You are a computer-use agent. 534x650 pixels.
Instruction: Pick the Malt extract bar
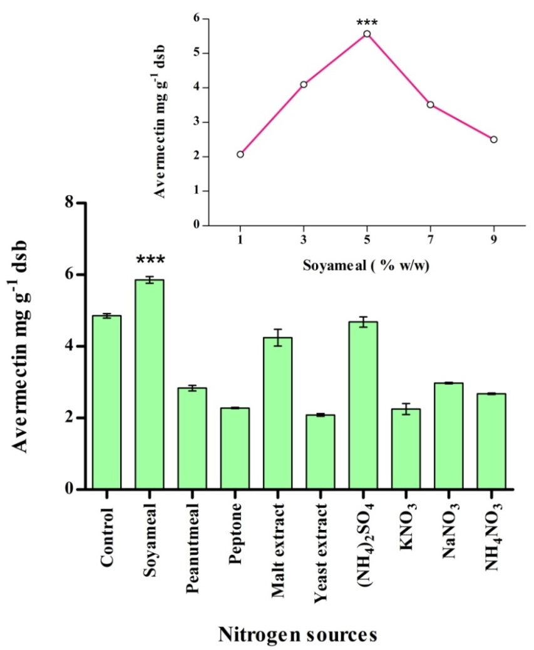(x=277, y=413)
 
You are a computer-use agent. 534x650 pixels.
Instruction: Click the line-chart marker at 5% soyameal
(x=367, y=34)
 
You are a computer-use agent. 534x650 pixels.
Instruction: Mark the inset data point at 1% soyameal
(x=240, y=154)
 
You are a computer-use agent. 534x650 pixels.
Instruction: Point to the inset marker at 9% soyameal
(x=494, y=139)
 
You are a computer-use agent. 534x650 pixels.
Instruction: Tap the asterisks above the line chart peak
(x=367, y=23)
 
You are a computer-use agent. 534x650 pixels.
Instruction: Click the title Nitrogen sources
(x=297, y=634)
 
